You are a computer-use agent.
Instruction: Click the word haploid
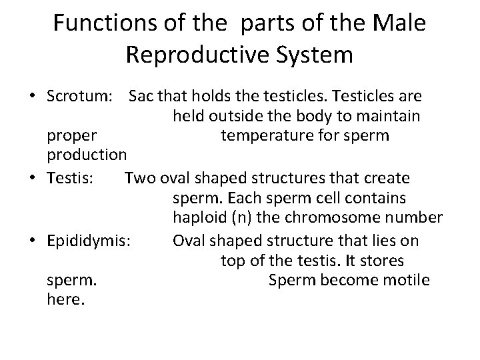point(199,219)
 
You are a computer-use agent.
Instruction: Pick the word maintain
point(390,117)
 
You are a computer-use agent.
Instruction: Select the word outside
point(233,117)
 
